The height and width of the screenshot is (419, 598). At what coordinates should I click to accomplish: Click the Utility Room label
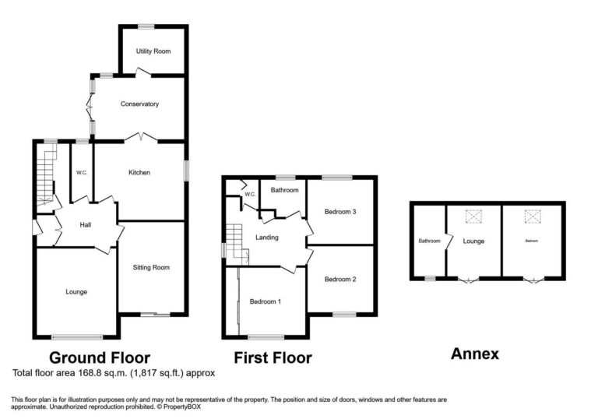153,51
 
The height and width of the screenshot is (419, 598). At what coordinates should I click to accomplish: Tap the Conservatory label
139,104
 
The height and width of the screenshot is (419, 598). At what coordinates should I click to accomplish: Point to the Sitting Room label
151,267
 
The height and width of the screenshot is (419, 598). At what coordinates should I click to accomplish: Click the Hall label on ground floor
86,225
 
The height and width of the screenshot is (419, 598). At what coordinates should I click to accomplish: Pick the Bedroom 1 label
266,301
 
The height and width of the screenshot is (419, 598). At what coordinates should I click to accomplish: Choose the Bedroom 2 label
340,280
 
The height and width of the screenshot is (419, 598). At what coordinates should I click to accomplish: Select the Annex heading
475,354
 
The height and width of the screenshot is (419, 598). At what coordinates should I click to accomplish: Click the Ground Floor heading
100,358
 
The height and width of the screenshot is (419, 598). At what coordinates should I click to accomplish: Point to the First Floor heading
273,358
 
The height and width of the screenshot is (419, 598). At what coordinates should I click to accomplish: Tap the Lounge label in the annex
473,241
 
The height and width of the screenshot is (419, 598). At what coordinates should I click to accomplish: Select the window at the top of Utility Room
146,27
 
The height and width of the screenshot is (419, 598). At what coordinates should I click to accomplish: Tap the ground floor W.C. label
81,172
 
